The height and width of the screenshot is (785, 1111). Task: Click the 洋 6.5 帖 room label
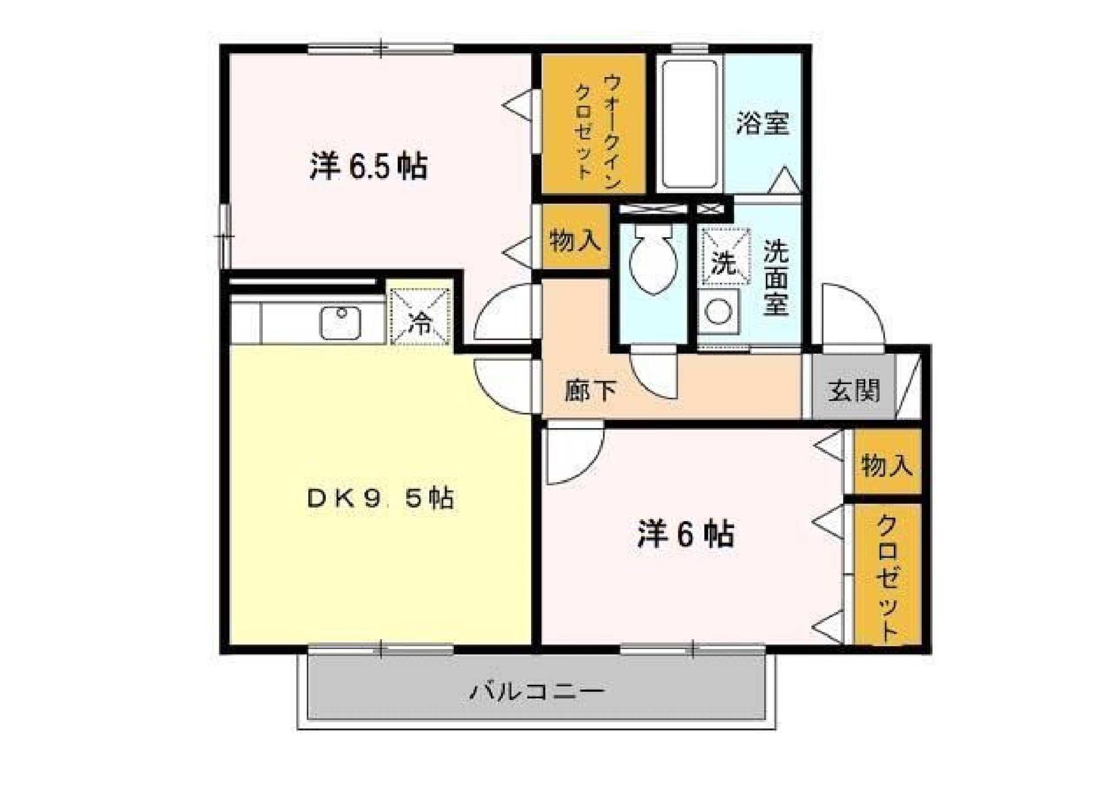pyautogui.click(x=369, y=167)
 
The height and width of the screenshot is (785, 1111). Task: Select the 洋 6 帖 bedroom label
pyautogui.click(x=686, y=534)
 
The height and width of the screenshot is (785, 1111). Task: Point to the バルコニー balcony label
pyautogui.click(x=537, y=691)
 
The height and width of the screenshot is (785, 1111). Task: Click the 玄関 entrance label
pyautogui.click(x=854, y=390)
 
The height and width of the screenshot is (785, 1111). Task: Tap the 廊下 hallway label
pyautogui.click(x=591, y=390)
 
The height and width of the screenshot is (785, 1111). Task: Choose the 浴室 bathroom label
pyautogui.click(x=763, y=123)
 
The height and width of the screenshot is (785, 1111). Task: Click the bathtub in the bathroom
pyautogui.click(x=689, y=124)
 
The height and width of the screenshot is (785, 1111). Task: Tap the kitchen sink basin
pyautogui.click(x=341, y=323)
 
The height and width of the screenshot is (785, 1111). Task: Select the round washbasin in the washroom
pyautogui.click(x=718, y=312)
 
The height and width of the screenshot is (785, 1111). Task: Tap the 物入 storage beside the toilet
pyautogui.click(x=575, y=239)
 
